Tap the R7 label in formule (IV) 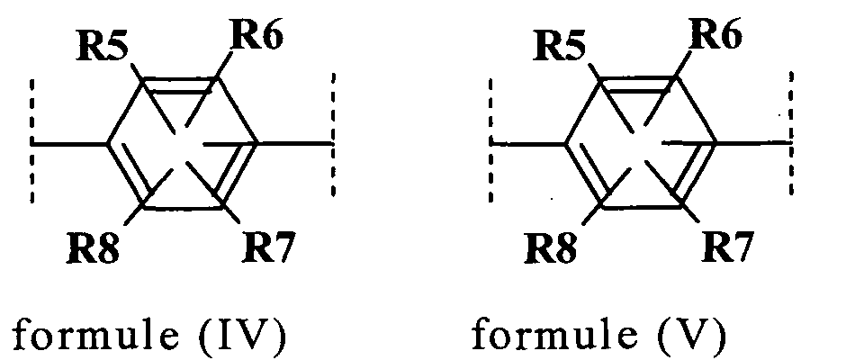point(269,247)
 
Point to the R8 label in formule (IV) point(93,249)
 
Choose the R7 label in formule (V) point(727,247)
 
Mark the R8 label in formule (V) point(551,249)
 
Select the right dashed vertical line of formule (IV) point(333,134)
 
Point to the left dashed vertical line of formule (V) point(490,139)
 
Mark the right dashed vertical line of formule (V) point(791,134)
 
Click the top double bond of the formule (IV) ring point(181,85)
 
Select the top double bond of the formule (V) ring point(639,85)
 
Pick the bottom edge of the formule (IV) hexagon point(183,208)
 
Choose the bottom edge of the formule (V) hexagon point(641,208)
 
